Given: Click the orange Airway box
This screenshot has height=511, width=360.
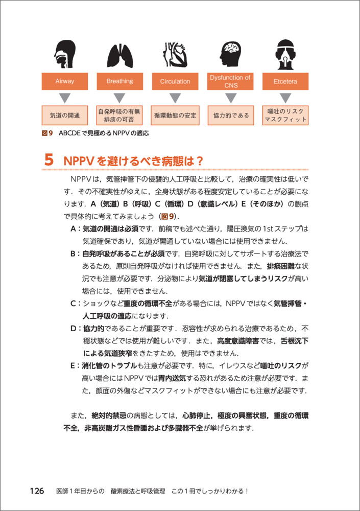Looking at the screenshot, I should point(65,81).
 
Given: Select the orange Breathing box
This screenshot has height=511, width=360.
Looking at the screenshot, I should point(119,81).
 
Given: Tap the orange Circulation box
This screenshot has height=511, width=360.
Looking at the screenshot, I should point(175,81).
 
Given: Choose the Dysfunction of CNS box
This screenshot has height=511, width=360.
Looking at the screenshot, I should point(230,81).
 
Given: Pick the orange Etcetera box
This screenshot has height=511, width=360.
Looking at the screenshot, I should point(285,81).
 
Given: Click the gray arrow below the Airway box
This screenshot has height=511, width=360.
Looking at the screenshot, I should point(65,97).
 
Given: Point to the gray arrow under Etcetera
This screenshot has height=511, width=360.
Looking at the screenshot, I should point(285,97).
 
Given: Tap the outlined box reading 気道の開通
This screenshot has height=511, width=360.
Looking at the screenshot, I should point(65,115).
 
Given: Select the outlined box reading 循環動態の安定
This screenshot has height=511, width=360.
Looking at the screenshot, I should point(175,115).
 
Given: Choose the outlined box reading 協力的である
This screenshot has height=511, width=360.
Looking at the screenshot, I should point(230,115).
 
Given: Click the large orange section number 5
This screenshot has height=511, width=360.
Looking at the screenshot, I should point(49,160).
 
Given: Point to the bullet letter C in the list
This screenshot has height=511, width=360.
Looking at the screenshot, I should point(74,304).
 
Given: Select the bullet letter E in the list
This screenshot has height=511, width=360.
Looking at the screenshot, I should point(74,366).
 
